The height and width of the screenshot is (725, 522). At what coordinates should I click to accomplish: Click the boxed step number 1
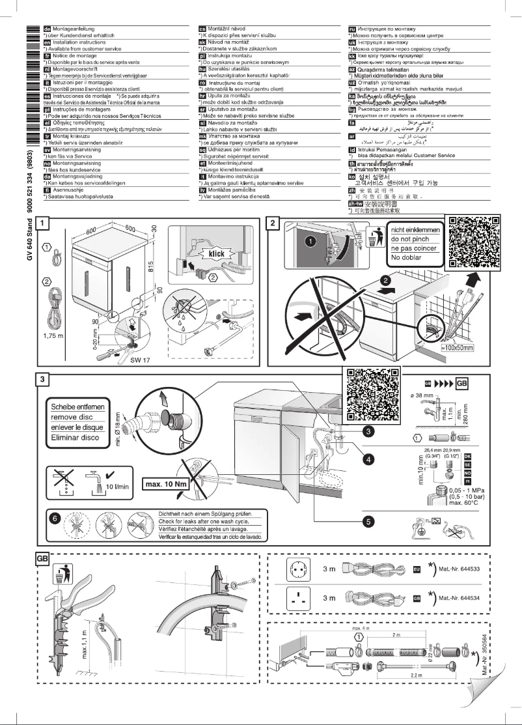pos(42,222)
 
